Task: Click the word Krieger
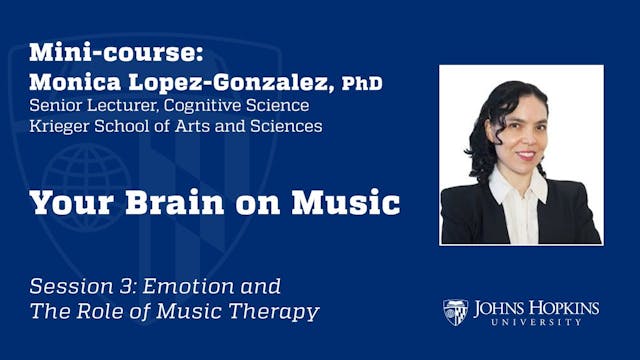[x=59, y=127]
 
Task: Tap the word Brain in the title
[x=178, y=203]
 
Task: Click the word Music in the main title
[x=350, y=203]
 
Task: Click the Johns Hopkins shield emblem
[x=456, y=312]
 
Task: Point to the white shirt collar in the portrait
[x=508, y=190]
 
